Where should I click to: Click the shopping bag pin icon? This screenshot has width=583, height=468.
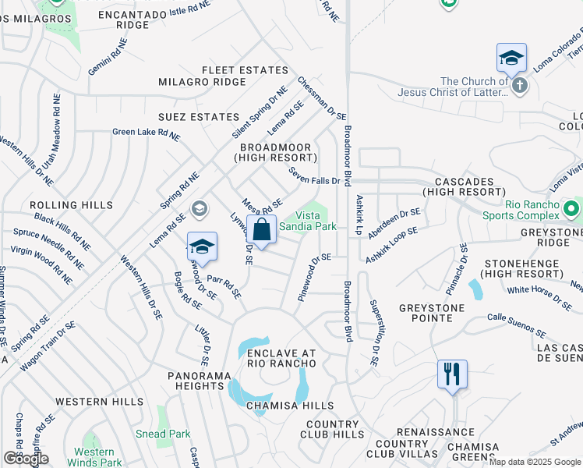262,231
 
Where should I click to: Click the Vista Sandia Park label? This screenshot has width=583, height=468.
308,221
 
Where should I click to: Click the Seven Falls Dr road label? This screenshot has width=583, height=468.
314,175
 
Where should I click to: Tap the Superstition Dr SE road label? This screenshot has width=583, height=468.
374,332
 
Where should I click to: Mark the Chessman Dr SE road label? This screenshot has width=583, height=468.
320,99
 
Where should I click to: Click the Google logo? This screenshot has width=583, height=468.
26,459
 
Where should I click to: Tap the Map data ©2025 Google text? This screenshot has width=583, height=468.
535,462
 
